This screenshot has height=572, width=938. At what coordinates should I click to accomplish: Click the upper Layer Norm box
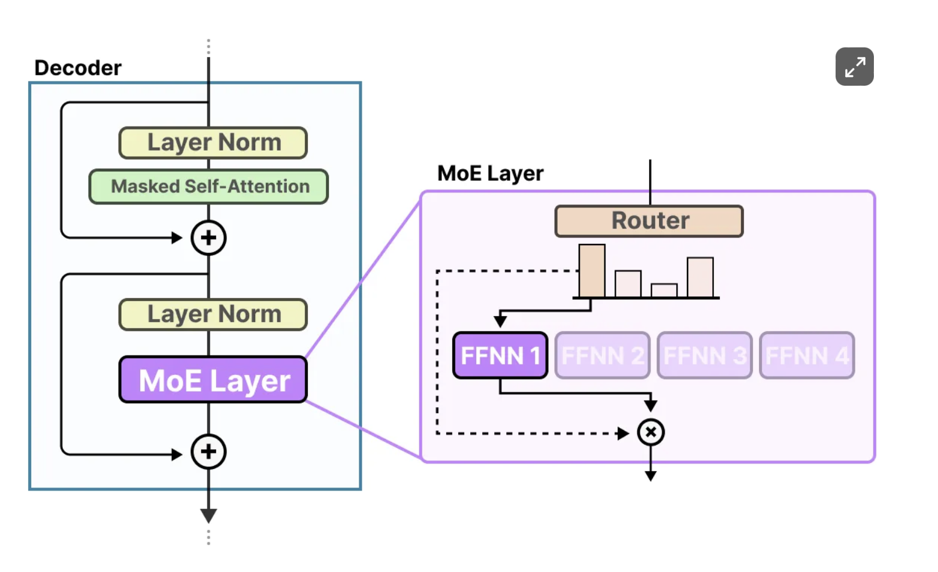tap(213, 143)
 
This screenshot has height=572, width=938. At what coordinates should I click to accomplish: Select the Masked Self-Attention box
tap(208, 186)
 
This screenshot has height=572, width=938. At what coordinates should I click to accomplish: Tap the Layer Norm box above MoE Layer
tap(213, 314)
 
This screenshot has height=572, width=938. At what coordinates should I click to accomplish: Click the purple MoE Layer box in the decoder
tap(213, 380)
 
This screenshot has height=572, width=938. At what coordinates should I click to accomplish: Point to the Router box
tap(649, 221)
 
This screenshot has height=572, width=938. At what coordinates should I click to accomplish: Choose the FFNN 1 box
tap(500, 356)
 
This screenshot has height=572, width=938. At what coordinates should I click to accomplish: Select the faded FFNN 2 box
tap(603, 356)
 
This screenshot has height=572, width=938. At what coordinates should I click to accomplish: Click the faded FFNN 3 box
tap(704, 356)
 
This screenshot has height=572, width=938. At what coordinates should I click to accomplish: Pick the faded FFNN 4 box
tap(807, 356)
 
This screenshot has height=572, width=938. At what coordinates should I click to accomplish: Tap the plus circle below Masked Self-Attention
tap(208, 238)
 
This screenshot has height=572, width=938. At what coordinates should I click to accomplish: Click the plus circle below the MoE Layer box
tap(208, 451)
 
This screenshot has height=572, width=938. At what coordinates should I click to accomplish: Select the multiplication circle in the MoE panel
tap(650, 432)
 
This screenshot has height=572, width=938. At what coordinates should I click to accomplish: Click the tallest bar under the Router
tap(592, 271)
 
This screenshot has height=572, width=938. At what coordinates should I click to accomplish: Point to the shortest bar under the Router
tap(664, 291)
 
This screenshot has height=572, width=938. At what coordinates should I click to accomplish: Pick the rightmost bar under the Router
tap(700, 278)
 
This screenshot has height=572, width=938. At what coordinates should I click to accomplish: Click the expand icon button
tap(855, 67)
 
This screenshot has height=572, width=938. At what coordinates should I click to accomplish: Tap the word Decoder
tap(78, 68)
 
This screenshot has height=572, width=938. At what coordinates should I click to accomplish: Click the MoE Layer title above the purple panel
tap(490, 173)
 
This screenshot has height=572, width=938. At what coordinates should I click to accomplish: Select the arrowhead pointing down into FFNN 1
tap(500, 321)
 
